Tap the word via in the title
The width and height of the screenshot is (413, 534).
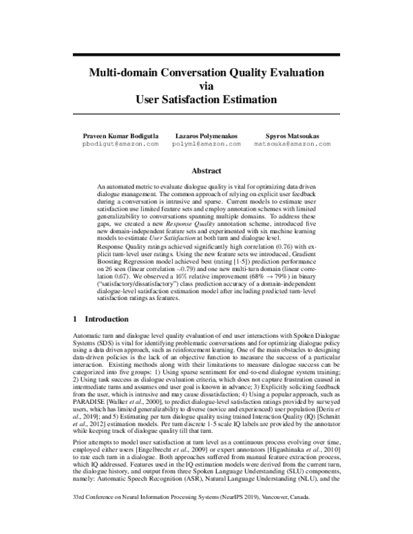206,86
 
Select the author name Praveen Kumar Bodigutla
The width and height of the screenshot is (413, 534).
121,136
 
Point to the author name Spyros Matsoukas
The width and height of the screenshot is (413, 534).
284,136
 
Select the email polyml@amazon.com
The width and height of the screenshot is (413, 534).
207,145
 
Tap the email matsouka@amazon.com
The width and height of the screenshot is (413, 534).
284,145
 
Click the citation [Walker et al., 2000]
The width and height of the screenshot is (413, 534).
142,388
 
